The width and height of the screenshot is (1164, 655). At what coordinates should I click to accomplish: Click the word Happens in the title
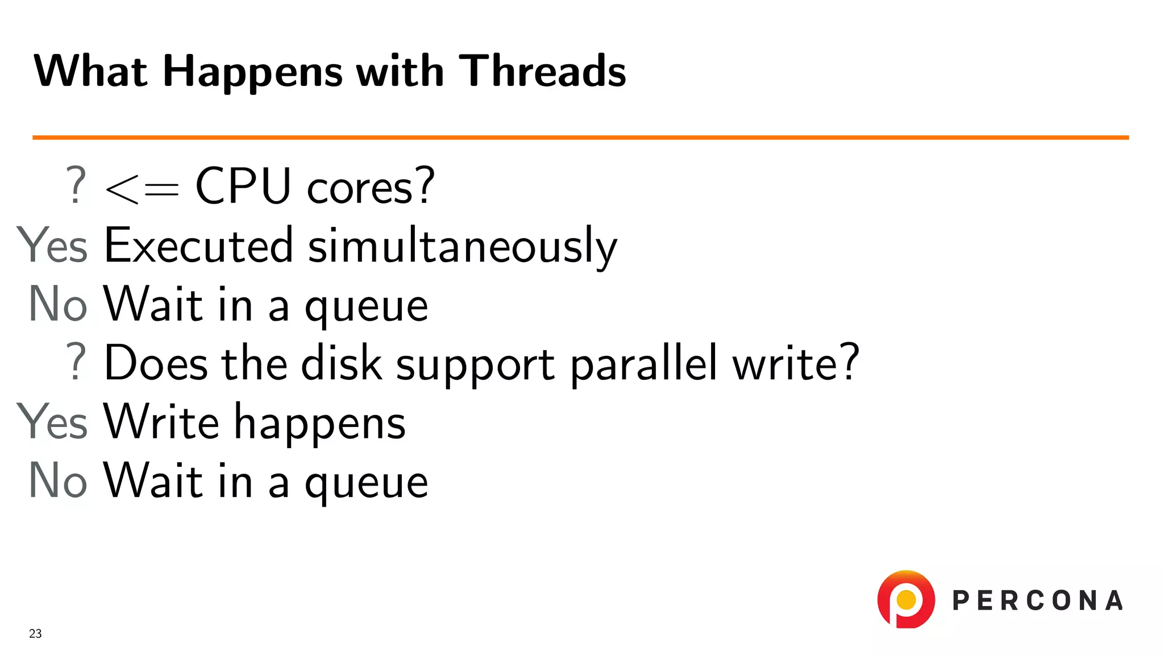pos(252,72)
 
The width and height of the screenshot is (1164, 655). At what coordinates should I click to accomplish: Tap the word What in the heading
pos(91,71)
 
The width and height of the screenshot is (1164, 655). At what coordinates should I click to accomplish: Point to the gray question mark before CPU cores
pos(76,186)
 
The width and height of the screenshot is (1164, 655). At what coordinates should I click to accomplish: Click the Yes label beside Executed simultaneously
pos(52,245)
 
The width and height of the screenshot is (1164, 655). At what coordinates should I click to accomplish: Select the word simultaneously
pos(462,246)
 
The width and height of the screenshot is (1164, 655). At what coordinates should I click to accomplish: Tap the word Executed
pos(199,245)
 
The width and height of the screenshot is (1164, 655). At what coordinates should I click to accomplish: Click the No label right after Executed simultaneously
pos(58,304)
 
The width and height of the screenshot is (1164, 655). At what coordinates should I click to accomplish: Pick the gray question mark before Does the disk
pos(76,362)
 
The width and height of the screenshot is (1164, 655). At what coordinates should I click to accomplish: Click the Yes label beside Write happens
pos(52,421)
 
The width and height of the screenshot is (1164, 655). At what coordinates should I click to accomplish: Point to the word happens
pos(320,424)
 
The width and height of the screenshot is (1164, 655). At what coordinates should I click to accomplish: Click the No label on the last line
pos(58,480)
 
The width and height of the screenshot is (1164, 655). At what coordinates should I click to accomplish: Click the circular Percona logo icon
pos(906,599)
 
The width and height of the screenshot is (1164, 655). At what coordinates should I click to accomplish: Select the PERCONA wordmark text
pos(1037,601)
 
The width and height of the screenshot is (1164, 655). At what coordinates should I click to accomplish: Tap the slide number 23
pos(35,633)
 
